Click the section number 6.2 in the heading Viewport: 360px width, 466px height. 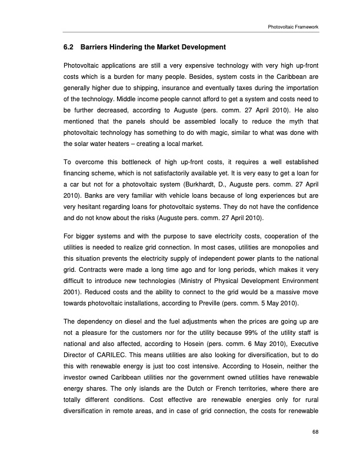[69, 46]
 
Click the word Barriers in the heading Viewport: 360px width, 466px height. [96, 46]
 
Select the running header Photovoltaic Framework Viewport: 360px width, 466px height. [292, 27]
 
